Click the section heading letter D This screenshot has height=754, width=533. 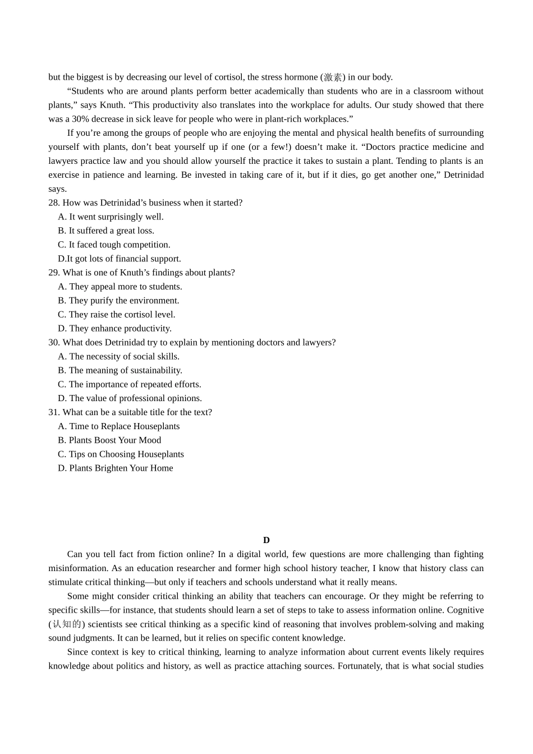tap(266, 540)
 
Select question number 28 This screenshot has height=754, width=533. tap(54, 203)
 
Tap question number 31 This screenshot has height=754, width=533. tap(54, 412)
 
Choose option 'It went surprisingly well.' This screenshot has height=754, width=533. tap(116, 217)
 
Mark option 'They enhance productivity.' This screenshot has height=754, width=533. tap(120, 329)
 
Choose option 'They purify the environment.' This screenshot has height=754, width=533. tap(124, 301)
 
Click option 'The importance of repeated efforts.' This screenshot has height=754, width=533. tap(135, 384)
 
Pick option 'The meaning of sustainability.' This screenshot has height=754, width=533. tap(125, 370)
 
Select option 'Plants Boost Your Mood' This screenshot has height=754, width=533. tap(114, 440)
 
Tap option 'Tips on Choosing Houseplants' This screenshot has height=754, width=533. tap(126, 454)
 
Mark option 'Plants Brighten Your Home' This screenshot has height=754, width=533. tap(121, 468)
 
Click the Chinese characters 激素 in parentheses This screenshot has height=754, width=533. tap(333, 77)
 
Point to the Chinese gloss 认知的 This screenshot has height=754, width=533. tap(67, 624)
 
